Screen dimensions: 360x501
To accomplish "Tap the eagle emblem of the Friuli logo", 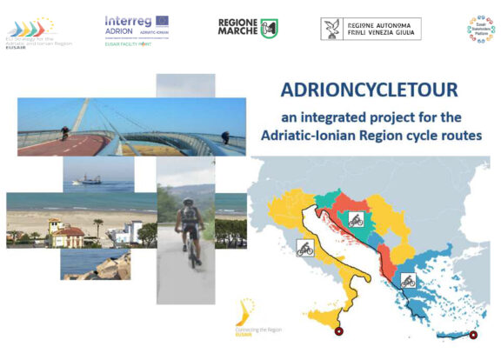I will pyautogui.click(x=331, y=28).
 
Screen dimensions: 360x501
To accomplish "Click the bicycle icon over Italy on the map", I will pyautogui.click(x=305, y=248).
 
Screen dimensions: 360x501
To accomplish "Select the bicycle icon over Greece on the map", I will pyautogui.click(x=407, y=281).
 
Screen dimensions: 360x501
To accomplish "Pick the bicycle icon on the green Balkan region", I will pyautogui.click(x=355, y=219).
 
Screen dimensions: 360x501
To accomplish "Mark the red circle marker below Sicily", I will pyautogui.click(x=340, y=330).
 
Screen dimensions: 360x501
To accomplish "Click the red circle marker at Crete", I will pyautogui.click(x=473, y=335).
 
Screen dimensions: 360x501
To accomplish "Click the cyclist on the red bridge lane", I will pyautogui.click(x=63, y=134).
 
